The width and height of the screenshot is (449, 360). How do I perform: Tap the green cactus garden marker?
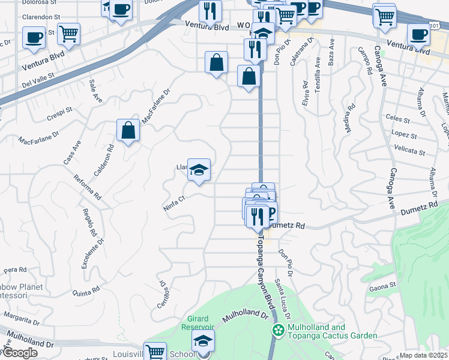tap(278, 331)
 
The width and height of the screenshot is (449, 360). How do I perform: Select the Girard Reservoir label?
tap(197, 323)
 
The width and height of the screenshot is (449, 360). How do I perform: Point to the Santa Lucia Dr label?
tap(282, 298)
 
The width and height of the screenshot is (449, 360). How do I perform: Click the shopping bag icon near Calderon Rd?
tap(128, 130)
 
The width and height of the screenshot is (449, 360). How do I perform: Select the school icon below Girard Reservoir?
tap(203, 341)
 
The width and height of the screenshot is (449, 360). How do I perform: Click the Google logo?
tap(19, 353)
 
